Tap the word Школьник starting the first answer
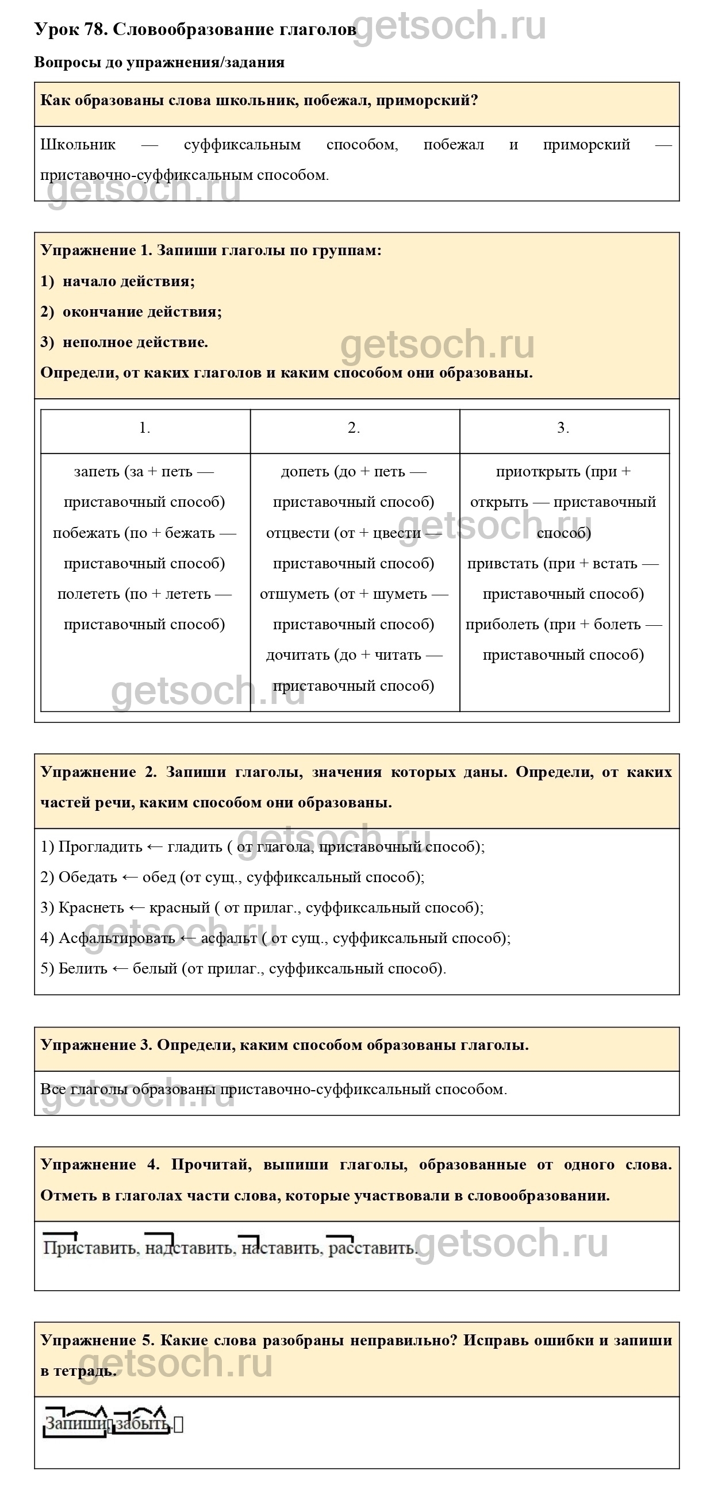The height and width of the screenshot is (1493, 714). pos(78,144)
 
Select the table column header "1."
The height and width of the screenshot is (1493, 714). pos(144,428)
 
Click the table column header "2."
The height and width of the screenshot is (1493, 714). pos(354,428)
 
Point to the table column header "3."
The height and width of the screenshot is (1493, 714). pos(563,428)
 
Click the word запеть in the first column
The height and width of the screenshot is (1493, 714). pos(97,471)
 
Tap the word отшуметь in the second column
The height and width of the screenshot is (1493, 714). pos(294,594)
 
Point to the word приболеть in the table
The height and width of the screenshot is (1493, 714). pos(502,624)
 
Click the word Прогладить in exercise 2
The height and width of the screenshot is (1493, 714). pos(101,846)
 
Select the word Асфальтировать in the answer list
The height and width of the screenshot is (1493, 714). pos(117,938)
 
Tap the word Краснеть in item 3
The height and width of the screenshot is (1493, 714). pos(91,907)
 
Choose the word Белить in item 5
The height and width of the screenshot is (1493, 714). pos(83,968)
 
